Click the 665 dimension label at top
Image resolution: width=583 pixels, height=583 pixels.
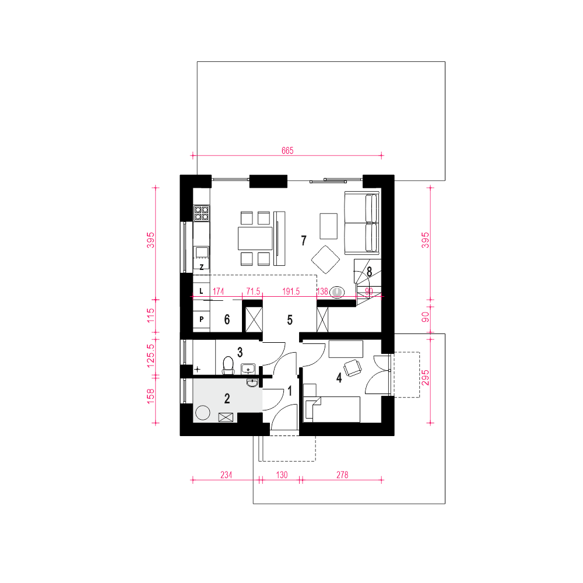(287, 150)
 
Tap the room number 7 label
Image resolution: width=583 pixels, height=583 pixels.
(304, 241)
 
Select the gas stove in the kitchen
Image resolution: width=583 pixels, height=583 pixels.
(202, 213)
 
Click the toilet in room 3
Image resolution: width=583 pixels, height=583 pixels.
(228, 365)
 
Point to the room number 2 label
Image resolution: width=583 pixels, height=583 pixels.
(227, 399)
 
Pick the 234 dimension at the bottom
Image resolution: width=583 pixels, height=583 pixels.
(226, 475)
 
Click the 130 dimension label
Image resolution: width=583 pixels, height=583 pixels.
(282, 475)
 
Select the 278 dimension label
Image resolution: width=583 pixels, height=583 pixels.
(342, 475)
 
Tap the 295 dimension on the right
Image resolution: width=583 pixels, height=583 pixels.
(426, 378)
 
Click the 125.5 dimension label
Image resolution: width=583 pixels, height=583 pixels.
(150, 356)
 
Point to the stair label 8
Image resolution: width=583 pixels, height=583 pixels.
(369, 272)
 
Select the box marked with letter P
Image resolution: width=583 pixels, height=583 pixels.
(202, 319)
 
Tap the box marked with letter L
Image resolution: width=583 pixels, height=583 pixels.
(202, 291)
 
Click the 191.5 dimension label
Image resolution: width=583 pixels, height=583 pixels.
(291, 291)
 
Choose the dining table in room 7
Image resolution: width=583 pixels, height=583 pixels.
(255, 238)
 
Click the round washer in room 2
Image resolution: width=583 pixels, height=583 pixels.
(203, 412)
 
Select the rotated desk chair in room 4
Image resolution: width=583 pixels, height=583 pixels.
(353, 368)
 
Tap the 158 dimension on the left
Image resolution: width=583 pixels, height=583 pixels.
(150, 396)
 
